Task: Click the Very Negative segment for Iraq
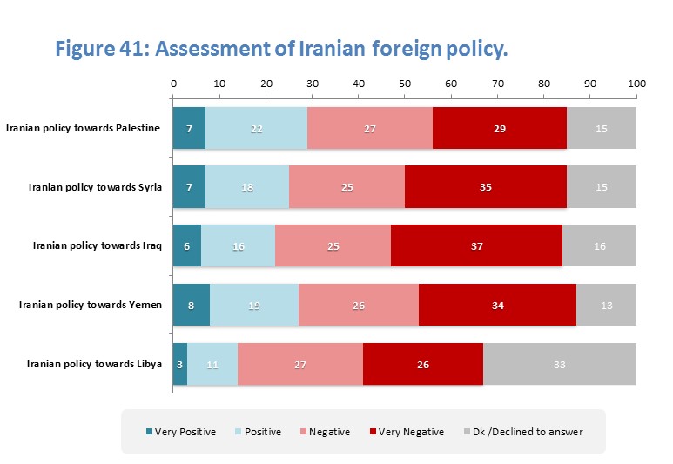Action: (476, 246)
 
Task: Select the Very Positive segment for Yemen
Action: (191, 305)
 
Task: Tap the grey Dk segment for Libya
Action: (560, 364)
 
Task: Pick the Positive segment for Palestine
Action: (256, 129)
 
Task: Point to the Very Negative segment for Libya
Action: (423, 364)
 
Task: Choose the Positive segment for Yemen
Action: (253, 305)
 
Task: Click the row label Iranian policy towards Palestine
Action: (83, 129)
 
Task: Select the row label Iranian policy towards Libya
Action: (94, 364)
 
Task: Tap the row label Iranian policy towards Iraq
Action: (97, 246)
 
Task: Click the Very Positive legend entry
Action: (179, 432)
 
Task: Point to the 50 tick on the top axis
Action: (405, 84)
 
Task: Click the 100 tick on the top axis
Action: (636, 84)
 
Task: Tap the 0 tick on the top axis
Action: (173, 84)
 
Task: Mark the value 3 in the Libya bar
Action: (180, 364)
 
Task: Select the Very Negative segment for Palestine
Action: (499, 129)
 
